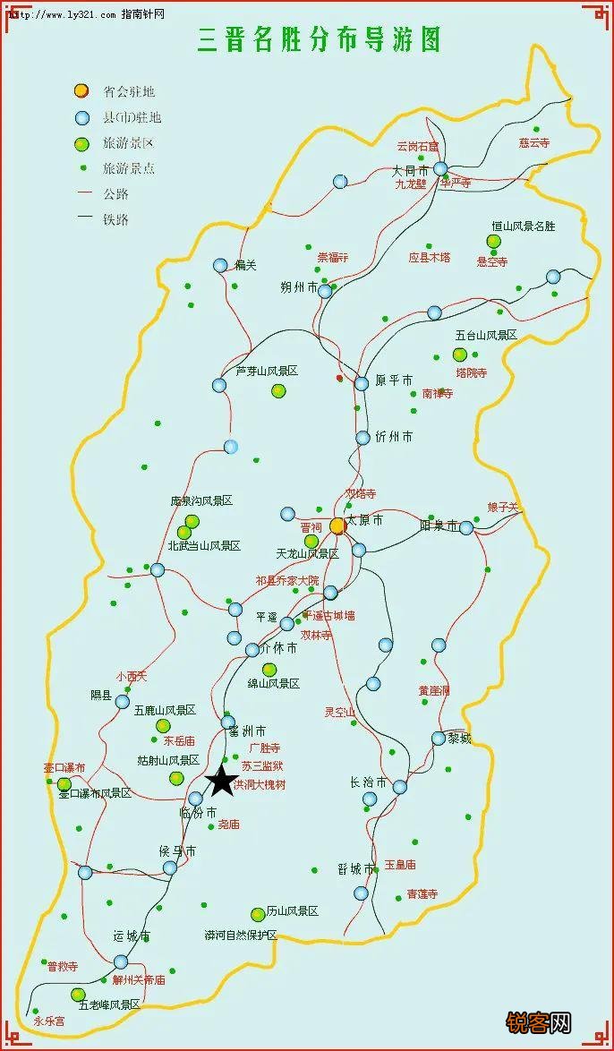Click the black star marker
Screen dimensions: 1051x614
tap(221, 781)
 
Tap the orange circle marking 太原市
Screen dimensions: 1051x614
tap(337, 526)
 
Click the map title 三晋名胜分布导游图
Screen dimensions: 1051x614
tap(319, 40)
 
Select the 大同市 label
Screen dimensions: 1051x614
tap(411, 170)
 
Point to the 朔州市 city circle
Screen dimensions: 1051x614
tap(325, 291)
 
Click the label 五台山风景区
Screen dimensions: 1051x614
tap(486, 335)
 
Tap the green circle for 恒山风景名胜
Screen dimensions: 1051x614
tap(493, 241)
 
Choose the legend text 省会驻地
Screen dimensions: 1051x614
tap(129, 91)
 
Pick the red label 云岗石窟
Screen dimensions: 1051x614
tap(418, 146)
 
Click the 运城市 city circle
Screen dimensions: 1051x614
tap(121, 961)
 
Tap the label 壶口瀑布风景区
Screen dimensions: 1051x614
tap(95, 793)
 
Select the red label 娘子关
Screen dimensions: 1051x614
tap(503, 507)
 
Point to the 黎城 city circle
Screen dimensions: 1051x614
tap(439, 739)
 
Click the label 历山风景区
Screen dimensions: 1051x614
tap(293, 911)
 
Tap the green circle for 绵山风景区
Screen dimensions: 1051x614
tap(269, 670)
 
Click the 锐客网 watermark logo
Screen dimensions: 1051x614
tap(539, 1022)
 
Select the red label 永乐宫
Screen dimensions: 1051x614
tap(49, 1021)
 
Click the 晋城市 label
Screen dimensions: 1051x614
tap(355, 868)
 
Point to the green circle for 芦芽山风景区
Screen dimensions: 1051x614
tap(278, 390)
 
